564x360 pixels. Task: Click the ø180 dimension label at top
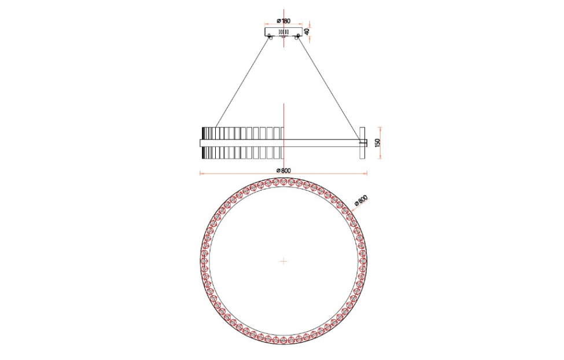(x=283, y=21)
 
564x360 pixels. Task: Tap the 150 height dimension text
(x=378, y=142)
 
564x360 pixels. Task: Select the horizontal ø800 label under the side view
(x=283, y=170)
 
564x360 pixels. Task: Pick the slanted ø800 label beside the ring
(x=360, y=200)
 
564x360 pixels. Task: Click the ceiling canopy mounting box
(x=283, y=32)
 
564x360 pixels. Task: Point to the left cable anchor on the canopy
(x=269, y=38)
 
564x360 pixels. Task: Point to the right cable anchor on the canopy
(x=297, y=38)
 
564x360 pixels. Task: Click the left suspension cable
(x=243, y=81)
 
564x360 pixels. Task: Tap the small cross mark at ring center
(x=283, y=261)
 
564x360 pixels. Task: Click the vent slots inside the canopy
(x=283, y=31)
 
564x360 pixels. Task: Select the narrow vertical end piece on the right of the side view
(x=362, y=142)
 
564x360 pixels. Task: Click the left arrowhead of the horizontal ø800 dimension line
(x=201, y=173)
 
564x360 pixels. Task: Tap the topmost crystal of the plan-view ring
(x=283, y=182)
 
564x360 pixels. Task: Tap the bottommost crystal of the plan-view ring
(x=283, y=340)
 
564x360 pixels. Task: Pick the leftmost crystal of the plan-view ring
(x=204, y=261)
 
